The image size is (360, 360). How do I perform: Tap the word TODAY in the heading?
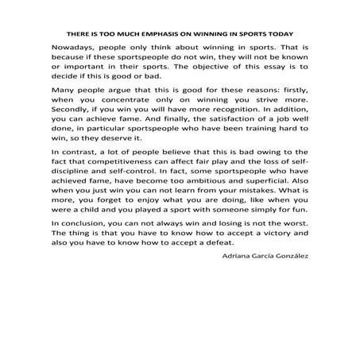277,35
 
